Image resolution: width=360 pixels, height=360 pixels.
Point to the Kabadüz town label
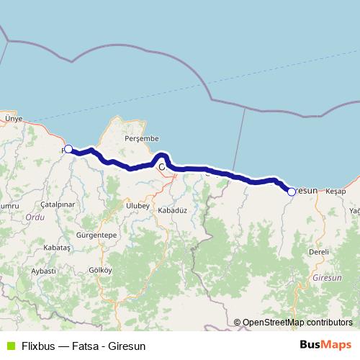tap(172, 210)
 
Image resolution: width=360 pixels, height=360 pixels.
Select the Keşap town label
tap(336, 192)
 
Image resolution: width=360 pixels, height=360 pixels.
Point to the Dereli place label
tap(318, 252)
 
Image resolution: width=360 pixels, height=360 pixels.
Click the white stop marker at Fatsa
tap(68, 149)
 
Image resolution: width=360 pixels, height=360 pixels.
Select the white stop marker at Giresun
tap(292, 192)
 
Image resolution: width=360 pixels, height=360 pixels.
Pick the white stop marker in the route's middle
tap(162, 166)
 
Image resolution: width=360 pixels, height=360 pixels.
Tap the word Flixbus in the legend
tap(40, 346)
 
